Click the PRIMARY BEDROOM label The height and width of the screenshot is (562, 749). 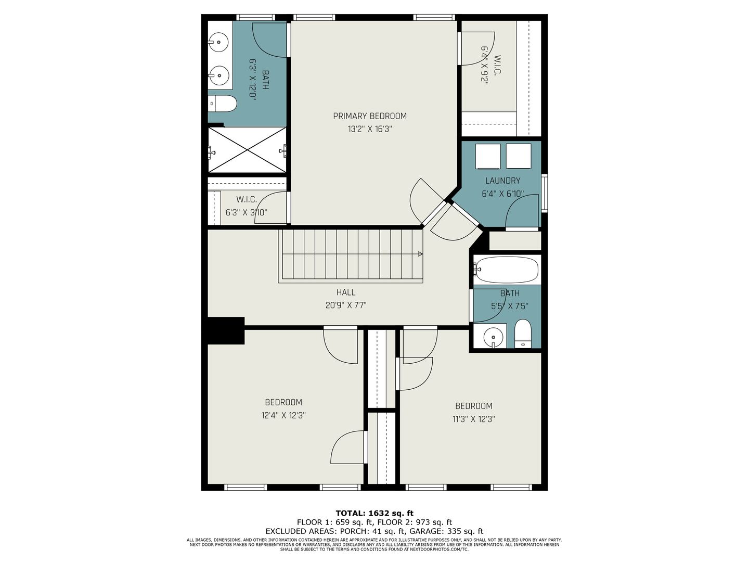point(369,116)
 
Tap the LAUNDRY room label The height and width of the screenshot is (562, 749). point(502,181)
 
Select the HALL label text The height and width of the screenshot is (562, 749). point(346,292)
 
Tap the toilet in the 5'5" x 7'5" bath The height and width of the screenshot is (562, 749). point(523,334)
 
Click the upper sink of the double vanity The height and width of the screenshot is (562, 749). point(218,42)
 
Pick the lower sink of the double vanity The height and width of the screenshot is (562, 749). point(218,75)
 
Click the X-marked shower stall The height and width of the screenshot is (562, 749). point(247,150)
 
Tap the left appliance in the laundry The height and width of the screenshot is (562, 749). point(488,156)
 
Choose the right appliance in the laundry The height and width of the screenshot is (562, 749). point(519,156)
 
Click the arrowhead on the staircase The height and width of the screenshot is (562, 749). point(420,254)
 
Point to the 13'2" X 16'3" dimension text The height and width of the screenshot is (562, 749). point(369,129)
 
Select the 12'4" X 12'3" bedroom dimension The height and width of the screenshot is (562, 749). point(283,415)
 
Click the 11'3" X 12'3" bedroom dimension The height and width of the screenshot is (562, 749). point(474,419)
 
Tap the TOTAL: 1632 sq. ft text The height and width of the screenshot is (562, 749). point(374,513)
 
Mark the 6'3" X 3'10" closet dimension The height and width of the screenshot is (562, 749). point(247,212)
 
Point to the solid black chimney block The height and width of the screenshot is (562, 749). point(226,330)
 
